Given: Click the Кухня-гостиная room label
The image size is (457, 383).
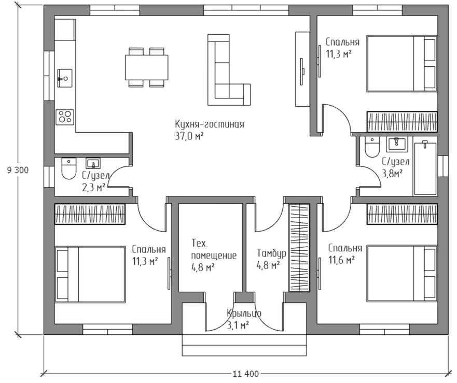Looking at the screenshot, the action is tap(210, 124).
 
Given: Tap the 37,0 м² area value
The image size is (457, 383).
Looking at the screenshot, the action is tap(189, 136).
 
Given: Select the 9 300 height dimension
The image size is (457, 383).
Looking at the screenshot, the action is tap(18, 170).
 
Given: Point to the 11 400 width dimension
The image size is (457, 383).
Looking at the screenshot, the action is tap(246, 374).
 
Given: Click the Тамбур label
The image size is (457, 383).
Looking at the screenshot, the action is tap(271, 253).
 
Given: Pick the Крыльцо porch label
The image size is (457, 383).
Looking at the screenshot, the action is tap(244, 314).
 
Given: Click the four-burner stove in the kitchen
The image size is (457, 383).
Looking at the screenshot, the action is tap(65, 117).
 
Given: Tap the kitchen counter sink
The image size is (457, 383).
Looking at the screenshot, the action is tap(65, 78).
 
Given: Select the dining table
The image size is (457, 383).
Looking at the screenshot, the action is tap(147, 67).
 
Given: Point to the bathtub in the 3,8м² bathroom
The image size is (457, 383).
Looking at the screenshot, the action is tap(425, 168).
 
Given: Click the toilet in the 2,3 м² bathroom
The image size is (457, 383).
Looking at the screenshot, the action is tap(69, 168).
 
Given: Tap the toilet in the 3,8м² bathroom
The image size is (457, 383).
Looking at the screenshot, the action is tap(372, 147).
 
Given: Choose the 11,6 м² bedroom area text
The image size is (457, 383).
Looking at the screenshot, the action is tap(342, 260).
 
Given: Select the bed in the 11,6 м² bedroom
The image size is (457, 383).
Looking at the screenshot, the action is tap(402, 273).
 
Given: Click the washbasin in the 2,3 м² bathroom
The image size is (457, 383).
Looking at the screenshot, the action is tap(93, 163).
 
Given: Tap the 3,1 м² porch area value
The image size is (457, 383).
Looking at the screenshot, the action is tap(238, 325).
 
